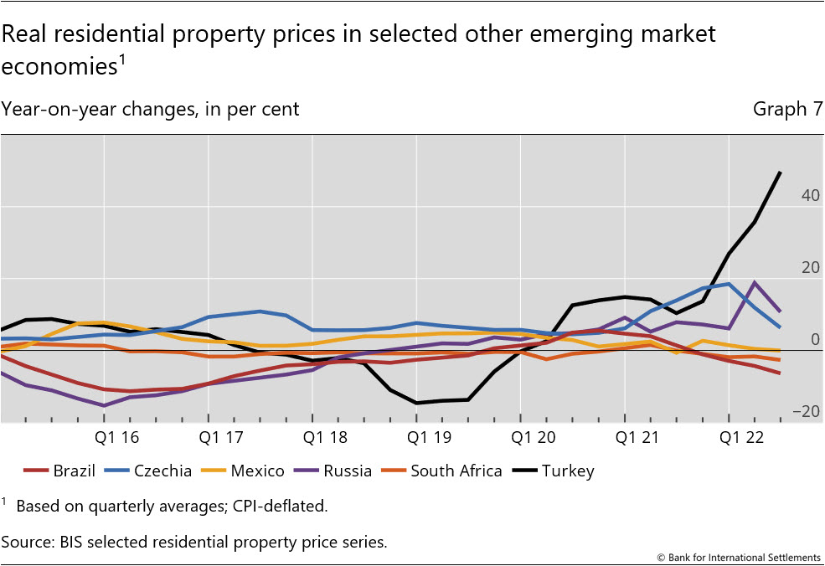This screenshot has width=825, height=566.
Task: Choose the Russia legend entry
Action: tap(346, 471)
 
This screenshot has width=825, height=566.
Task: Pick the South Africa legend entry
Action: tap(456, 471)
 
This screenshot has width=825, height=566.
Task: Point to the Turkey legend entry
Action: tap(566, 471)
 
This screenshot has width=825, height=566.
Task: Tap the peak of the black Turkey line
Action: tap(781, 172)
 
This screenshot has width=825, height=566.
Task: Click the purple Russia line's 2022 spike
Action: tap(755, 283)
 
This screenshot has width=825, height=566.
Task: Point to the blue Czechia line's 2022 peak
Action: tap(729, 284)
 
